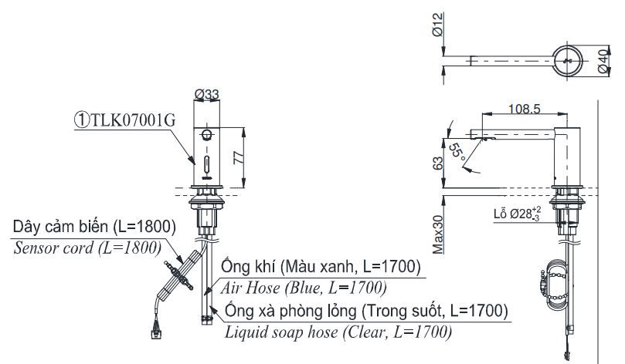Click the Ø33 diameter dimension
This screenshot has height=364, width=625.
click(x=206, y=94)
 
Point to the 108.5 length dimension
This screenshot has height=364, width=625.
click(x=525, y=110)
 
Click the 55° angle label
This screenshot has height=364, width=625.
click(x=457, y=152)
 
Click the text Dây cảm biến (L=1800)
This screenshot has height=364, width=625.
click(x=93, y=228)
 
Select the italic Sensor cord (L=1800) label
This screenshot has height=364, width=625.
click(x=87, y=248)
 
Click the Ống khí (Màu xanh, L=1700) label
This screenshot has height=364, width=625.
click(x=321, y=268)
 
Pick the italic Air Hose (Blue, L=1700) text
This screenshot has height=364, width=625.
click(x=304, y=287)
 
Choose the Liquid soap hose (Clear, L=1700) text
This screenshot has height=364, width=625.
click(x=338, y=332)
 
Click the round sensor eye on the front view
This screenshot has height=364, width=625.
click(x=206, y=135)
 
